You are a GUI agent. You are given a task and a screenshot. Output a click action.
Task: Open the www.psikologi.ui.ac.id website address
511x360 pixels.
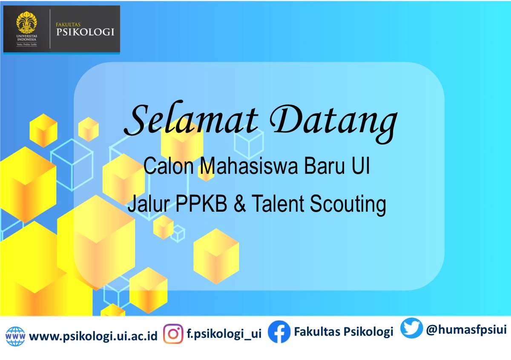[x=93, y=337]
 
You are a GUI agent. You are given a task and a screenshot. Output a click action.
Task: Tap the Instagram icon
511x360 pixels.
[x=173, y=333]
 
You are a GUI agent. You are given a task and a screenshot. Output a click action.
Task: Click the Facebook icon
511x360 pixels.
[x=278, y=332]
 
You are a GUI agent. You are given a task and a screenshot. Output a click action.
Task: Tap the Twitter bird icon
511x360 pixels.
[x=411, y=328]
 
